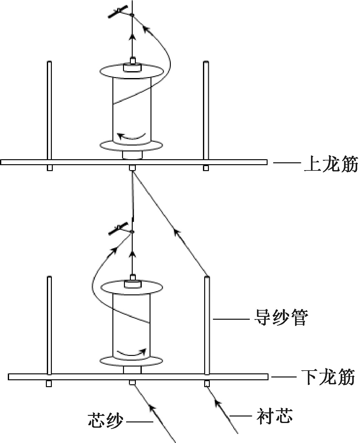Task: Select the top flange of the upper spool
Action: pos(131,72)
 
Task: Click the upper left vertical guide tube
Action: pos(49,110)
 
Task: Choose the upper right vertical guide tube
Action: pos(206,110)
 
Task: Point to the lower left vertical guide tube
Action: pos(49,326)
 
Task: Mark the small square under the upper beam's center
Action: pos(132,168)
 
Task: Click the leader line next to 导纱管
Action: pos(231,318)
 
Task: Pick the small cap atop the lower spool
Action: pos(133,278)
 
